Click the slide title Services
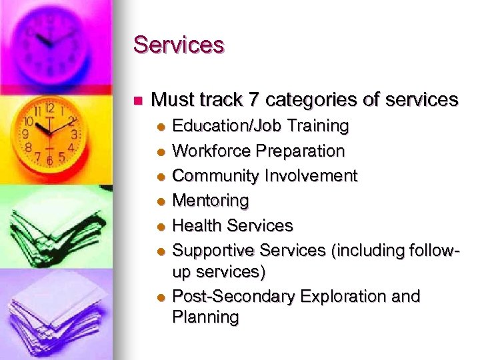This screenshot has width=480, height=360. (179, 45)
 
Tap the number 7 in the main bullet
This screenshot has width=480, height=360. (254, 100)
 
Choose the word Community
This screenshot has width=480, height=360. (216, 176)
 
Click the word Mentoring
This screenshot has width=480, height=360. (210, 201)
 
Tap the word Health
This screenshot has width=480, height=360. (195, 225)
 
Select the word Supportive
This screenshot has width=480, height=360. (213, 251)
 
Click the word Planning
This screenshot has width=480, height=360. (205, 317)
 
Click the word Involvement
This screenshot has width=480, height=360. (311, 176)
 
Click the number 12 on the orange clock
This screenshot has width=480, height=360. (49, 107)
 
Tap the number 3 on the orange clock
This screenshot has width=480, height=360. (74, 134)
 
